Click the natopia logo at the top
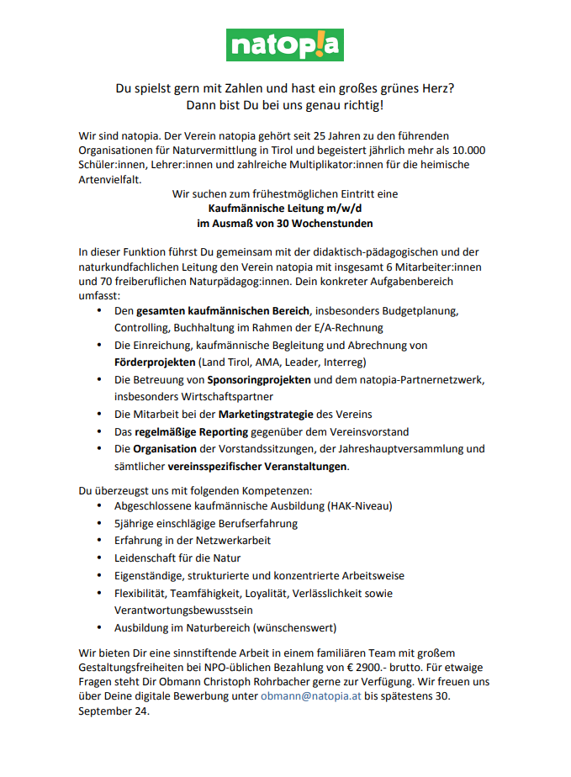(285, 45)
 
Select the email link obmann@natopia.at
(310, 697)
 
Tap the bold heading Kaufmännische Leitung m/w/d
(284, 209)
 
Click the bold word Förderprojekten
(155, 362)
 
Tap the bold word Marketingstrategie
(266, 414)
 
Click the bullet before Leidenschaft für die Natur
(100, 558)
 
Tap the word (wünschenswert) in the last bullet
(293, 627)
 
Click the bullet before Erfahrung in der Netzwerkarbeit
(100, 541)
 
